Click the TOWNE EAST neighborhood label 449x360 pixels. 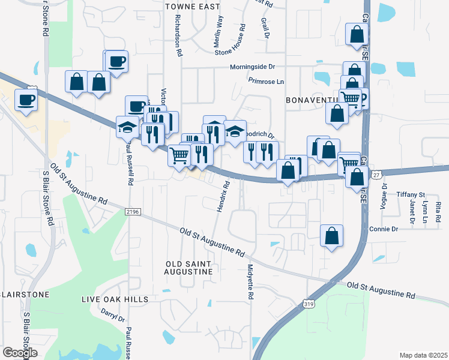193,7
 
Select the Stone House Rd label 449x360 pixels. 231,40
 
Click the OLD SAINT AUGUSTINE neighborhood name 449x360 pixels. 188,268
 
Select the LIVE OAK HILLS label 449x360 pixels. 113,298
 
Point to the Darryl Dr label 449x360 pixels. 112,315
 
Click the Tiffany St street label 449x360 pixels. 411,195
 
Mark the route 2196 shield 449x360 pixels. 134,212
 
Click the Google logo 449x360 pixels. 20,353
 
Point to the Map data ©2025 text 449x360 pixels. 423,355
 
